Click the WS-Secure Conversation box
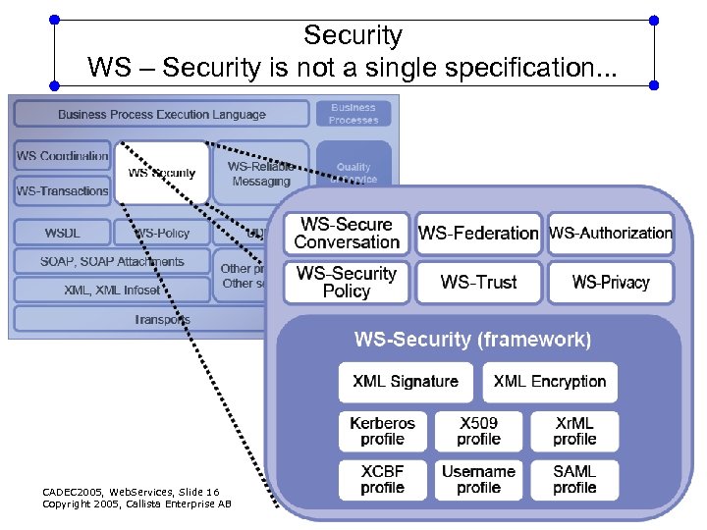click(x=347, y=234)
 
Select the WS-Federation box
click(x=478, y=234)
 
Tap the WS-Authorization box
click(x=611, y=234)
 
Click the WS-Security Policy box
click(x=347, y=283)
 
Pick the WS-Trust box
click(x=478, y=283)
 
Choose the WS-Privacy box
click(x=611, y=283)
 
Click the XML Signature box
click(x=405, y=382)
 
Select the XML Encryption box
click(x=550, y=382)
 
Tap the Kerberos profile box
click(x=382, y=431)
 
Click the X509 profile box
click(x=478, y=431)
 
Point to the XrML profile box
click(x=574, y=431)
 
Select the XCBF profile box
click(x=382, y=479)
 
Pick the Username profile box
click(x=478, y=479)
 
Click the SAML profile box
click(x=574, y=479)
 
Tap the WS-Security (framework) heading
click(x=472, y=341)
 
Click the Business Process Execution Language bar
click(x=161, y=114)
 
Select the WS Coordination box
click(x=62, y=156)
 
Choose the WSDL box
click(x=62, y=234)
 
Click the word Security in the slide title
click(x=353, y=36)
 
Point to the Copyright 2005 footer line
click(x=136, y=503)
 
